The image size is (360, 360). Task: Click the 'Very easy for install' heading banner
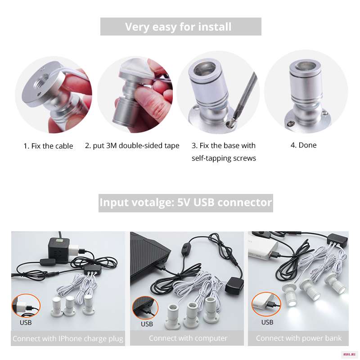coord(181,27)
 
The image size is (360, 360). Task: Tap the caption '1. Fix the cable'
coord(48,146)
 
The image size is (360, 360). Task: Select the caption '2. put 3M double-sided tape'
coord(132,146)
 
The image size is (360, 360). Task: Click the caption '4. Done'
coord(303,145)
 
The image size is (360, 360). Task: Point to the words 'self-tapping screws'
coord(224,158)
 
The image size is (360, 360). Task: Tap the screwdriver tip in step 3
coord(229,124)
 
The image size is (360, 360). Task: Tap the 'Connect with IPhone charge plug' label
coord(68,339)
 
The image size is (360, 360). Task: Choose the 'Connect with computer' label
coord(188,338)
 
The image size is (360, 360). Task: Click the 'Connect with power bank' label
coord(298,338)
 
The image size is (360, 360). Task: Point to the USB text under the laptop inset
coord(147,324)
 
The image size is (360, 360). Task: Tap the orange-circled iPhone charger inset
coord(26,306)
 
